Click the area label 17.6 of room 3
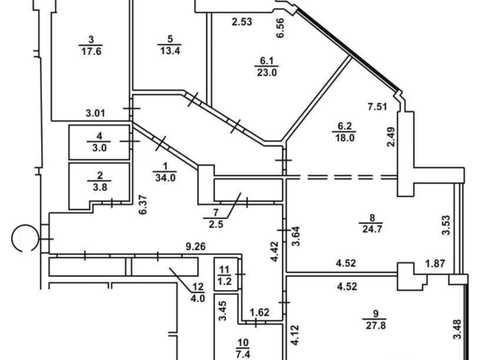91,51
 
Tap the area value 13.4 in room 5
170,51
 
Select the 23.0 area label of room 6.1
267,72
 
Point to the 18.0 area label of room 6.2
345,138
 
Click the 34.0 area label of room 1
165,178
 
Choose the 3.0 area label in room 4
99,148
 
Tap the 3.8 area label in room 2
100,187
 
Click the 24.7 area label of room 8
372,229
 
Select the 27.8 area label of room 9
376,325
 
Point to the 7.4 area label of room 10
243,354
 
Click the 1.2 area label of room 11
225,281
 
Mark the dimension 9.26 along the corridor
196,247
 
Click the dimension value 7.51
377,107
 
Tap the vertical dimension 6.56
281,28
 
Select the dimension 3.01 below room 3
95,113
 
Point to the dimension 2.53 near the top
242,22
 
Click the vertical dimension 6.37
143,205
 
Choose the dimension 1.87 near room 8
435,264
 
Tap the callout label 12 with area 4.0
198,292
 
